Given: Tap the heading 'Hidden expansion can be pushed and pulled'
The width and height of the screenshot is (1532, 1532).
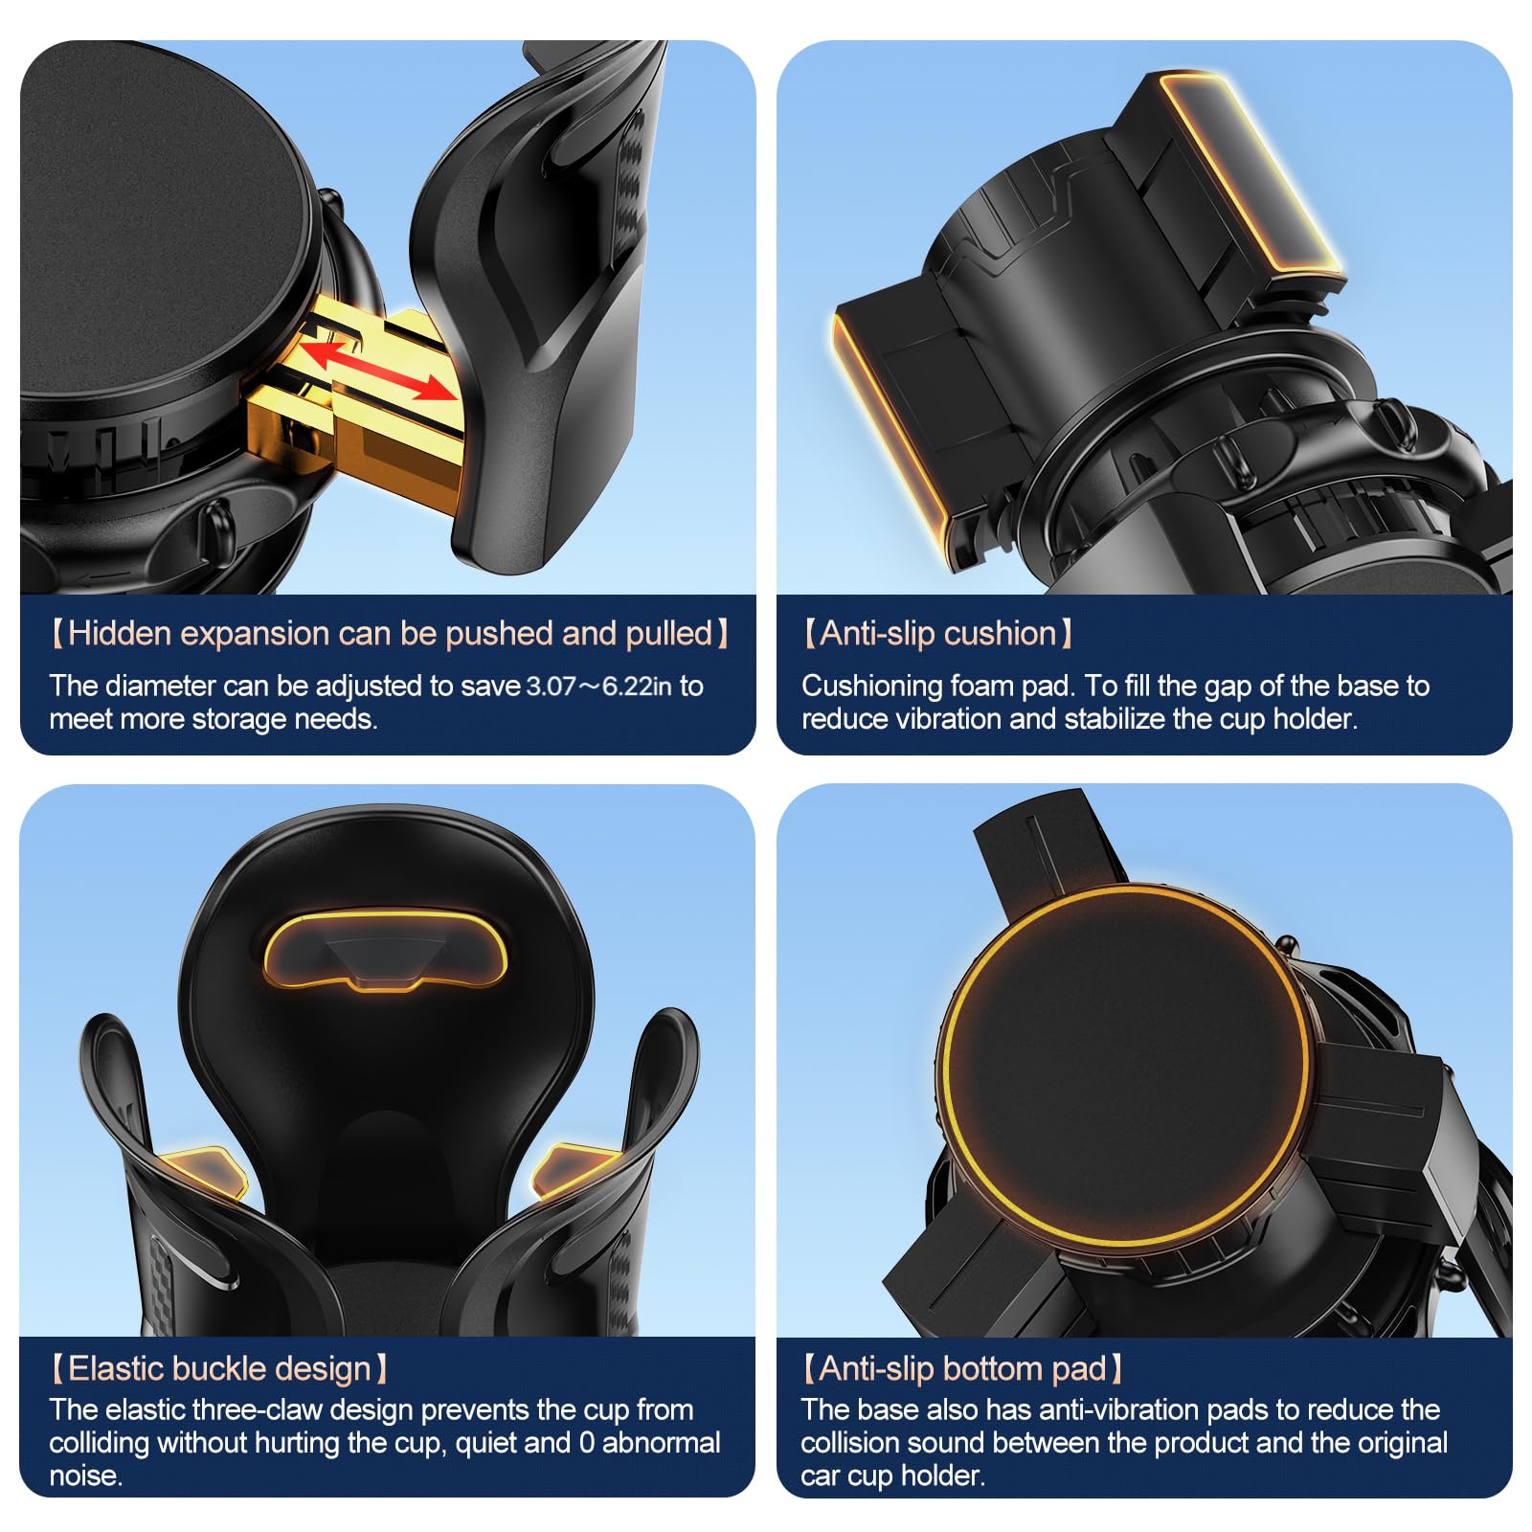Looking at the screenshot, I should [x=390, y=634].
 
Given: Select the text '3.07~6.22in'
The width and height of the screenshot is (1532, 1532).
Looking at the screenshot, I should [x=598, y=687].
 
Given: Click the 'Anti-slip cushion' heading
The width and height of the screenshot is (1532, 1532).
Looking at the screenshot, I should [x=937, y=634].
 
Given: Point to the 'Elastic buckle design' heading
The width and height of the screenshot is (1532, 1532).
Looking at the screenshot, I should [x=219, y=1369].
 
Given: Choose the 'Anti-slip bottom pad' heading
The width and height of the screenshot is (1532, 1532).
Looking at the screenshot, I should [x=962, y=1369].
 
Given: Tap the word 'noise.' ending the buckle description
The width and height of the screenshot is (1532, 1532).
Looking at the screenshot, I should [x=86, y=1476].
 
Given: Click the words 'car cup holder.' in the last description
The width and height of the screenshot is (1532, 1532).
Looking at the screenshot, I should [x=892, y=1476].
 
